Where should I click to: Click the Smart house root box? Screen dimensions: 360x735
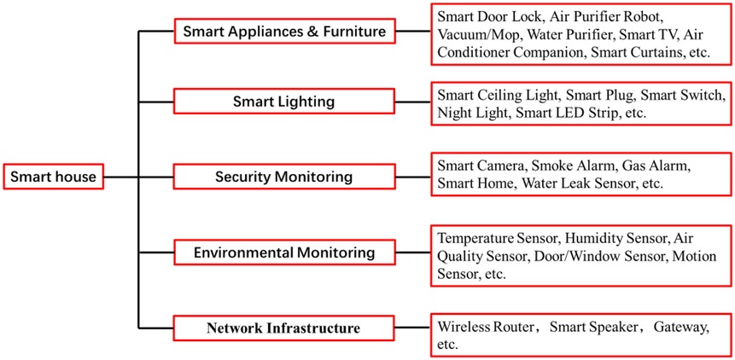(x=53, y=177)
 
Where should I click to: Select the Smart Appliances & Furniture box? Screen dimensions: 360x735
(x=284, y=32)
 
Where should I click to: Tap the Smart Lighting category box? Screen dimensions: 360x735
(x=284, y=102)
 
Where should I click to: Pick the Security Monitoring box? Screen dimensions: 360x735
(x=284, y=177)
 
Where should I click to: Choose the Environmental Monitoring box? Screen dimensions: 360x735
(x=284, y=253)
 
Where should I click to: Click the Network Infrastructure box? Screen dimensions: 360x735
(x=284, y=328)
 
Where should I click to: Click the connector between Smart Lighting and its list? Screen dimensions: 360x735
(x=412, y=102)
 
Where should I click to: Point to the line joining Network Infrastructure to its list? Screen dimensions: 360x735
(x=412, y=328)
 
